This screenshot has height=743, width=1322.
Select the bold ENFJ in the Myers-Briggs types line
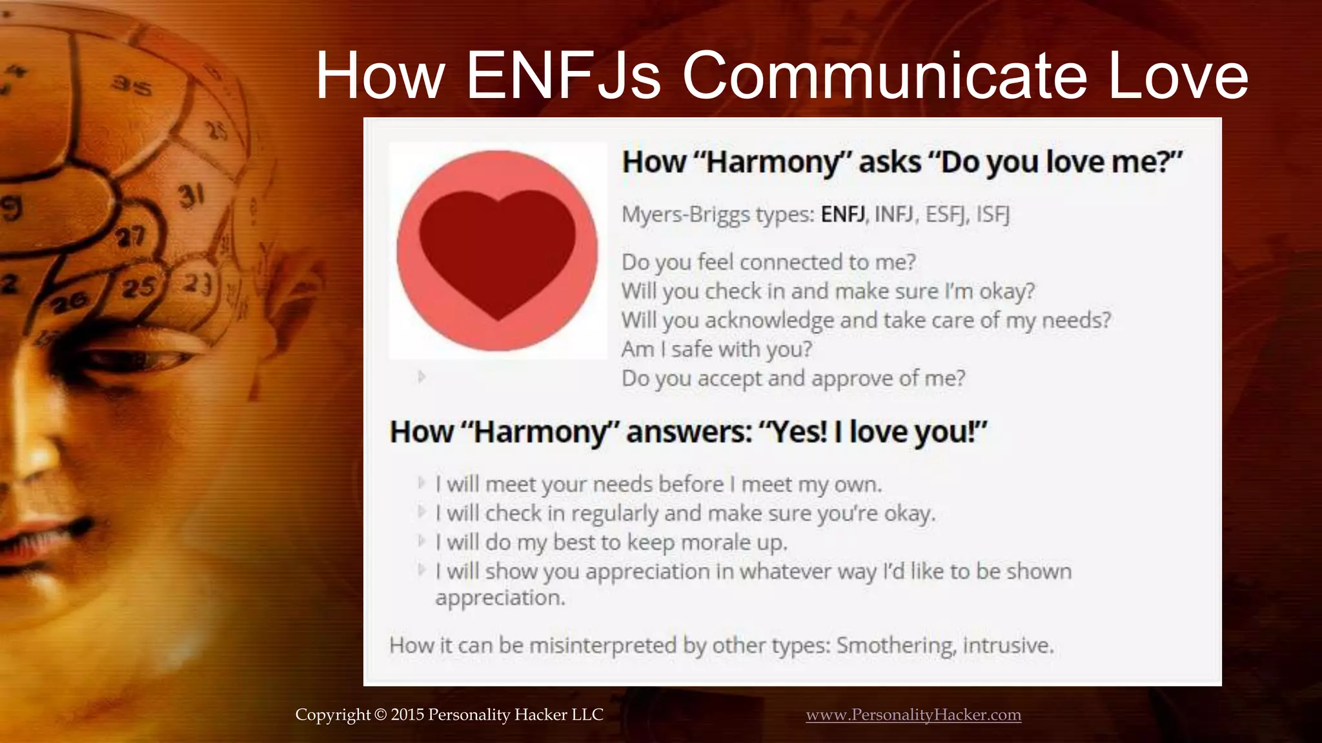click(x=842, y=213)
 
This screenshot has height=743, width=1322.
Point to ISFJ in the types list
click(x=992, y=213)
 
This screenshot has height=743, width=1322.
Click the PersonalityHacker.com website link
click(x=913, y=715)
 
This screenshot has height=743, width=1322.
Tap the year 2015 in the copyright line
click(x=407, y=715)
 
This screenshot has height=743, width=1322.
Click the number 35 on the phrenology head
click(x=132, y=85)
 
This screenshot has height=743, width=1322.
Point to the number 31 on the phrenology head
click(x=192, y=195)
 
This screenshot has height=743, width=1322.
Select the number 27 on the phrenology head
click(x=130, y=237)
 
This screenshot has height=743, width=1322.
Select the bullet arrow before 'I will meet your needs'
click(x=422, y=483)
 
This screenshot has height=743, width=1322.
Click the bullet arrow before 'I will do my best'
click(x=422, y=541)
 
